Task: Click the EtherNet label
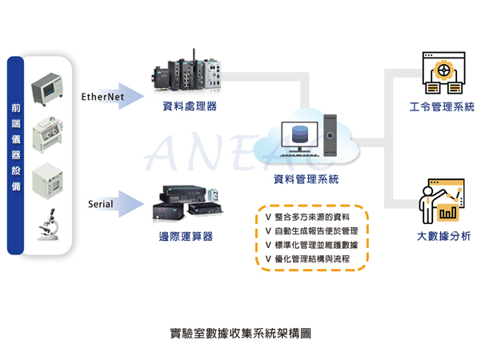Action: (x=102, y=97)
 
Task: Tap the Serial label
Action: (x=100, y=204)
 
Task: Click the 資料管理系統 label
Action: (x=307, y=178)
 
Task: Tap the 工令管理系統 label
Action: (x=441, y=106)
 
